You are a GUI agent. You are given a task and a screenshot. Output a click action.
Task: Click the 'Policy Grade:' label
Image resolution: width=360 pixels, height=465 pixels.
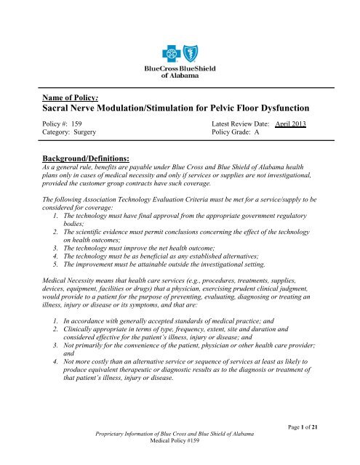coord(234,133)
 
